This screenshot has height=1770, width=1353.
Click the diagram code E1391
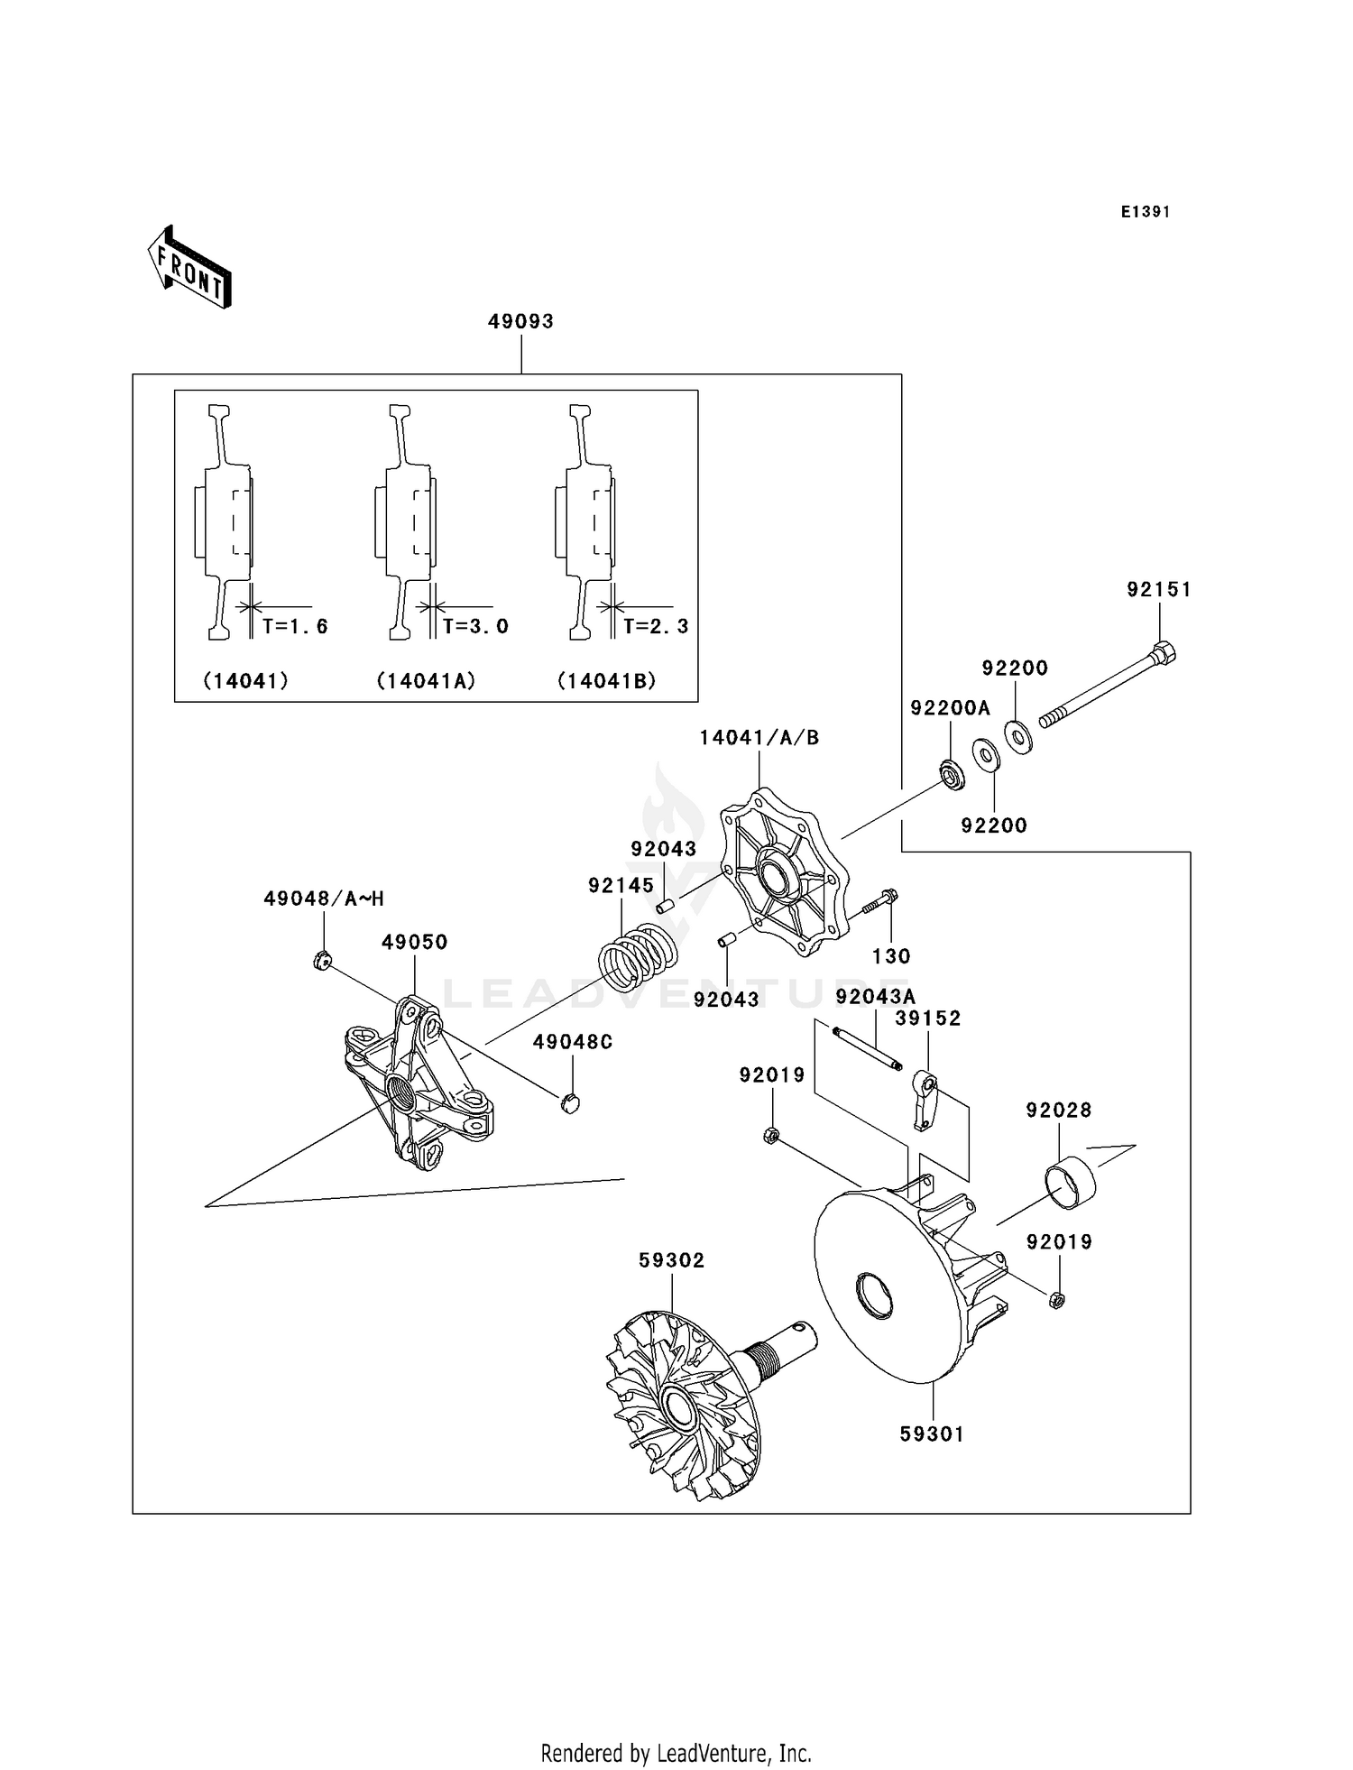(x=1145, y=212)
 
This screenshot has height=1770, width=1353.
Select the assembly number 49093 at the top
(x=520, y=321)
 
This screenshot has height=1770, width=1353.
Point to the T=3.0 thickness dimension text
(x=475, y=626)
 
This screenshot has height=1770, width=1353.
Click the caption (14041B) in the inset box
(x=606, y=681)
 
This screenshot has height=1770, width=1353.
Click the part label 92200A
(x=949, y=708)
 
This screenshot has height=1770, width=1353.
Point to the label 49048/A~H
(x=324, y=899)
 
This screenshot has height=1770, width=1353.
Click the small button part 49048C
(x=569, y=1102)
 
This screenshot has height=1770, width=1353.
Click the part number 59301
(x=931, y=1434)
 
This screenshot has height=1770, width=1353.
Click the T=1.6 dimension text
(x=295, y=626)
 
